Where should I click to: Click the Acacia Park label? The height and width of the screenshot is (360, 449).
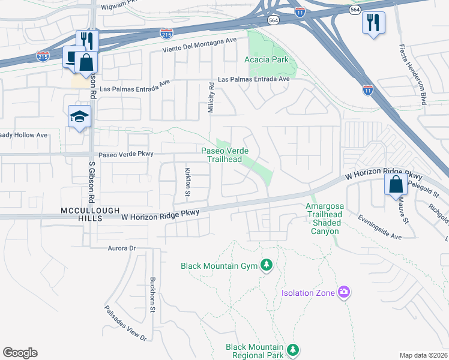pyautogui.click(x=267, y=59)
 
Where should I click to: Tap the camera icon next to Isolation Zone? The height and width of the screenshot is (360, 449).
pyautogui.click(x=344, y=292)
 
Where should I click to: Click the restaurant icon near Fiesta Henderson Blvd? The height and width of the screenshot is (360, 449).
pyautogui.click(x=373, y=23)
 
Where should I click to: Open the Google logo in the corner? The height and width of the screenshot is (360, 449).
pyautogui.click(x=20, y=353)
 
